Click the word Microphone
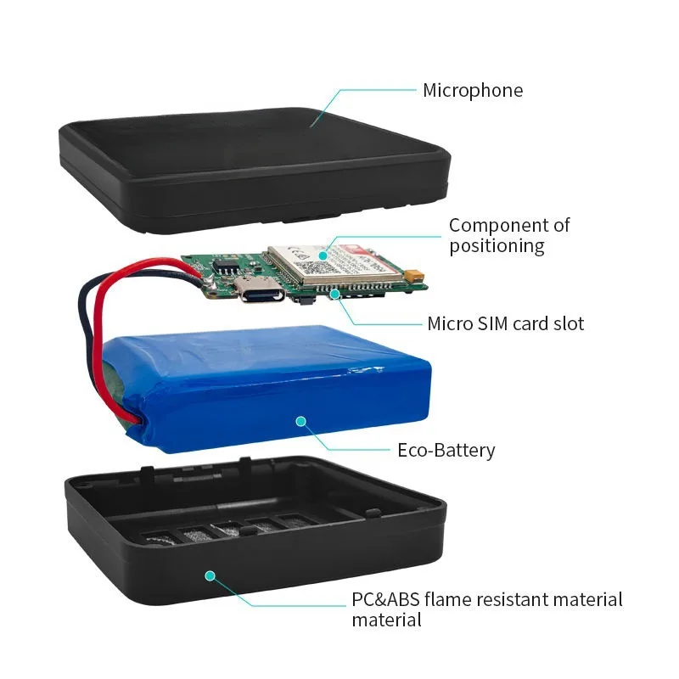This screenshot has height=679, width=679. [473, 91]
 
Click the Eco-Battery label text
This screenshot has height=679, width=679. [446, 451]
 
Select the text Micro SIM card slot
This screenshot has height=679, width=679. [505, 323]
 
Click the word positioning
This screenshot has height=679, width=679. [497, 246]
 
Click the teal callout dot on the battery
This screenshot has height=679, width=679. [299, 419]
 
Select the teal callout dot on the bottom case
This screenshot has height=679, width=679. [210, 575]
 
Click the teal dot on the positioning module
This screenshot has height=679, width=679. [324, 252]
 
